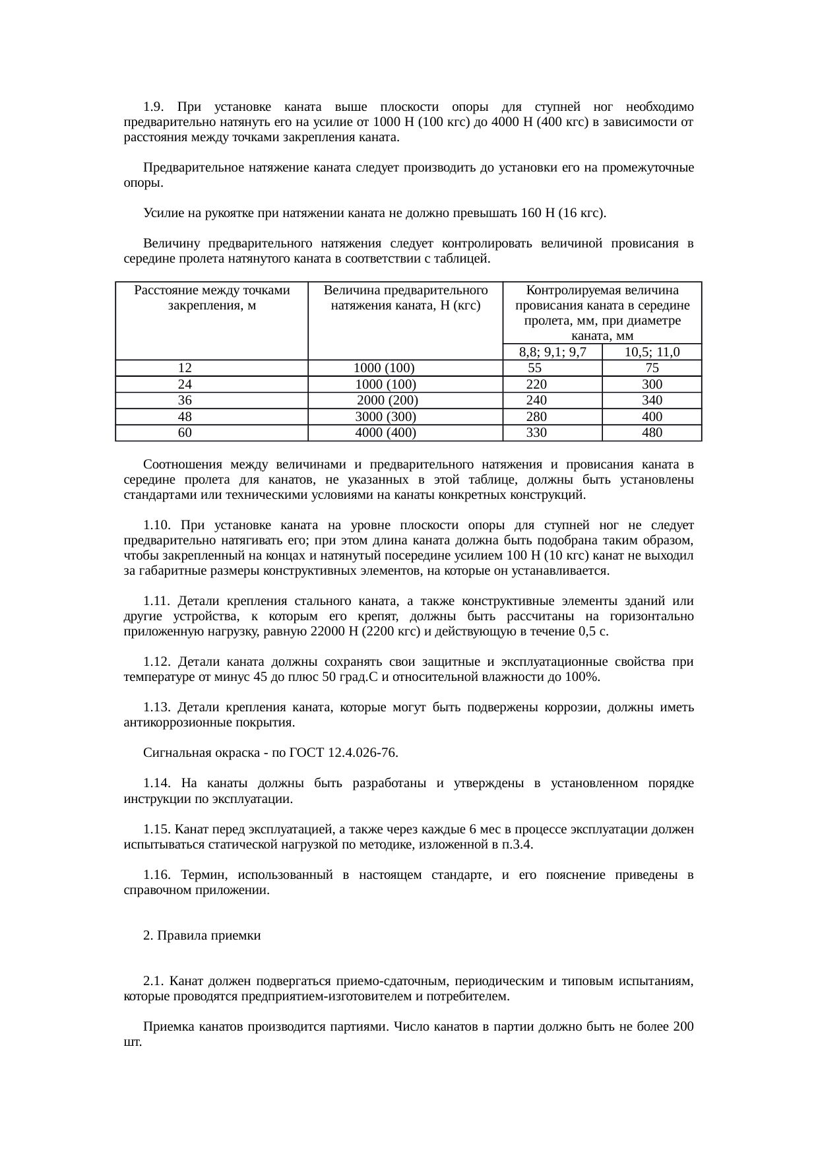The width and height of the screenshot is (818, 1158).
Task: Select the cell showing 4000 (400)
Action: click(385, 433)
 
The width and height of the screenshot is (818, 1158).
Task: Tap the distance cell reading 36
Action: click(185, 401)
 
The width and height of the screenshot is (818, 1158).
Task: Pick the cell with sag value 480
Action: click(652, 433)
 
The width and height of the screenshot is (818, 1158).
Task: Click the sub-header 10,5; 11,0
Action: click(652, 352)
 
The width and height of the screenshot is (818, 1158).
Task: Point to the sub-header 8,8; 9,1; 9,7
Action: click(552, 352)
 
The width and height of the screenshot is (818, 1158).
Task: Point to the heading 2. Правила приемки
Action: click(202, 936)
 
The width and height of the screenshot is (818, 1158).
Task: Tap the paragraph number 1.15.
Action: click(157, 829)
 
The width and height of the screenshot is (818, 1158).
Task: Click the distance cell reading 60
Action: click(185, 433)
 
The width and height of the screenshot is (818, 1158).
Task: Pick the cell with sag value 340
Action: click(652, 401)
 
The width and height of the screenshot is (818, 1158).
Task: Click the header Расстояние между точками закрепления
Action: click(212, 298)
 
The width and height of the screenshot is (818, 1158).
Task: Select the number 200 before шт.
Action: click(683, 1027)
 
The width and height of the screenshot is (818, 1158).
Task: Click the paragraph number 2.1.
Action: click(152, 981)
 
